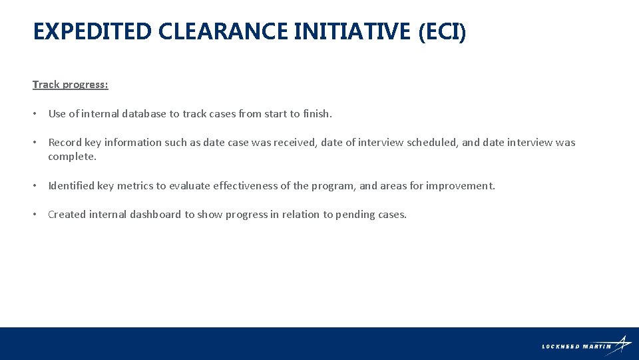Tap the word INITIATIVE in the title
tap(352, 31)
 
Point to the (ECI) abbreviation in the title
tap(443, 31)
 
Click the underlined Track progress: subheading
tap(70, 85)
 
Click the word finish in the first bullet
tap(316, 114)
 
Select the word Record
tap(65, 143)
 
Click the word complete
tap(71, 157)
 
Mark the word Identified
tap(71, 186)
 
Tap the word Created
tap(67, 215)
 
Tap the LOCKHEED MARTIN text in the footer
tap(576, 347)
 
